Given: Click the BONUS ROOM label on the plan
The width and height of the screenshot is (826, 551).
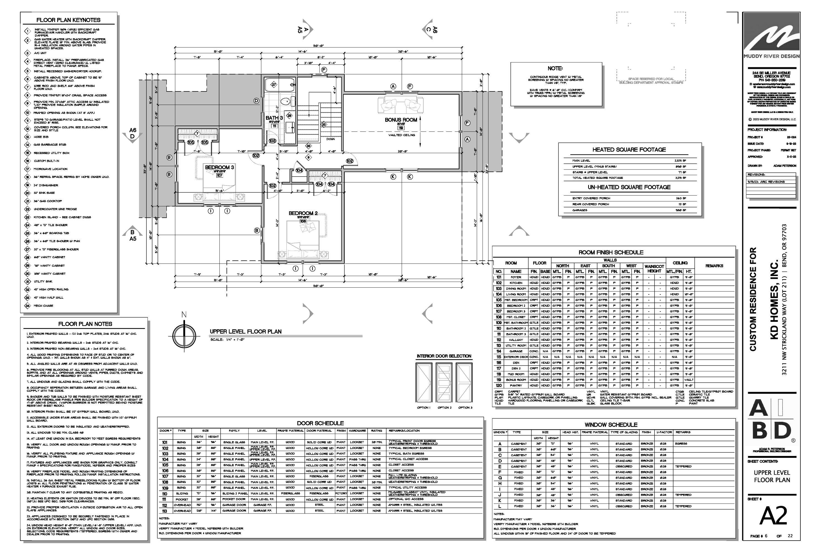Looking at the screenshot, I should click(x=401, y=120).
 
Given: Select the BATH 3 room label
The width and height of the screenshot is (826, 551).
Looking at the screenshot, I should click(x=274, y=118).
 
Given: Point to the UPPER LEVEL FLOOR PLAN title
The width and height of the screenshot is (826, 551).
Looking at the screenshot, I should click(x=246, y=331).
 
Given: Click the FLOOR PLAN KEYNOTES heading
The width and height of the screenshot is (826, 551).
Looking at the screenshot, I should click(x=69, y=20).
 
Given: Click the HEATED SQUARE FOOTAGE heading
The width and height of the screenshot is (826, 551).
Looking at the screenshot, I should click(x=629, y=150).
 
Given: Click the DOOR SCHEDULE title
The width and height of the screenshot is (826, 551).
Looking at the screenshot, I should click(x=320, y=423).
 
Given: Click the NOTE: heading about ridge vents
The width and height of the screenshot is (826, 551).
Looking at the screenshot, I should click(x=555, y=69).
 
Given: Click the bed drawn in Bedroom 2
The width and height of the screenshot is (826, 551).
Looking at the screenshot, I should click(x=303, y=239).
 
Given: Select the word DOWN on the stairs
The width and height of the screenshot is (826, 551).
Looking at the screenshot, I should click(x=330, y=139).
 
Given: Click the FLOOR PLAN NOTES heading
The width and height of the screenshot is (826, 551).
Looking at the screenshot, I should click(x=85, y=324).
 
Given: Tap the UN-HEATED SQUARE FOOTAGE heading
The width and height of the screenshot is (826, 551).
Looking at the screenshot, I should click(x=629, y=187).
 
